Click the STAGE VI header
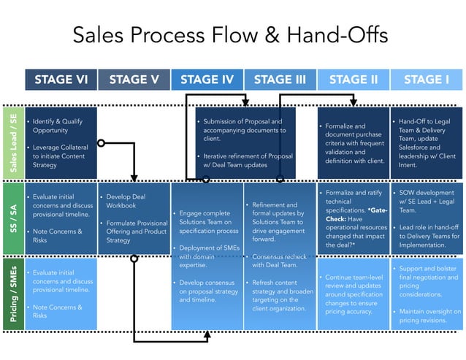(x=61, y=80)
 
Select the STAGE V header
(x=134, y=80)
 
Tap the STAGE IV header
(x=207, y=80)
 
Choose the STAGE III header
(x=280, y=80)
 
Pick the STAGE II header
(x=353, y=80)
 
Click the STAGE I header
(x=427, y=80)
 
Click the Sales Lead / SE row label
(x=12, y=143)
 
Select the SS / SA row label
(x=12, y=217)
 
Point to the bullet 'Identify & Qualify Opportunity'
(x=58, y=126)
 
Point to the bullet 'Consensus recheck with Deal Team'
(x=279, y=261)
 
